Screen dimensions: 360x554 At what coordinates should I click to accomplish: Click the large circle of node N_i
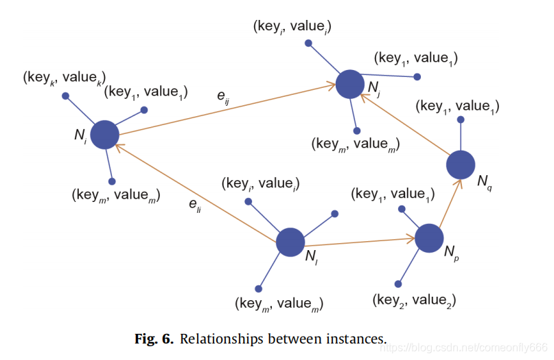pos(105,135)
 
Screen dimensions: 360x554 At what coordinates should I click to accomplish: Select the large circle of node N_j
pos(349,83)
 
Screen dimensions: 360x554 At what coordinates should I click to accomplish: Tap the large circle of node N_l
pos(290,242)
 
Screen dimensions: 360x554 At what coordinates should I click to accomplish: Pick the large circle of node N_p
pos(429,238)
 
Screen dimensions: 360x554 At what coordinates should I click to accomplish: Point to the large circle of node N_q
pos(460,165)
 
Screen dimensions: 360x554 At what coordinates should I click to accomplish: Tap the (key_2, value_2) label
pos(415,300)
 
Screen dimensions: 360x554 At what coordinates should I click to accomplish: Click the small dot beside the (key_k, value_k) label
pos(65,95)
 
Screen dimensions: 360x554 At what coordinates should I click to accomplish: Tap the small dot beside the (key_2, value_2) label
pos(397,282)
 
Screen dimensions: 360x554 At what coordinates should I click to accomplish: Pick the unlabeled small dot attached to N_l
pos(335,214)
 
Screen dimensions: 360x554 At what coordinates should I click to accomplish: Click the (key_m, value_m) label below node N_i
pos(115,195)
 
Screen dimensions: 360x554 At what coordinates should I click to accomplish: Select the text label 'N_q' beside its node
pos(485,182)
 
